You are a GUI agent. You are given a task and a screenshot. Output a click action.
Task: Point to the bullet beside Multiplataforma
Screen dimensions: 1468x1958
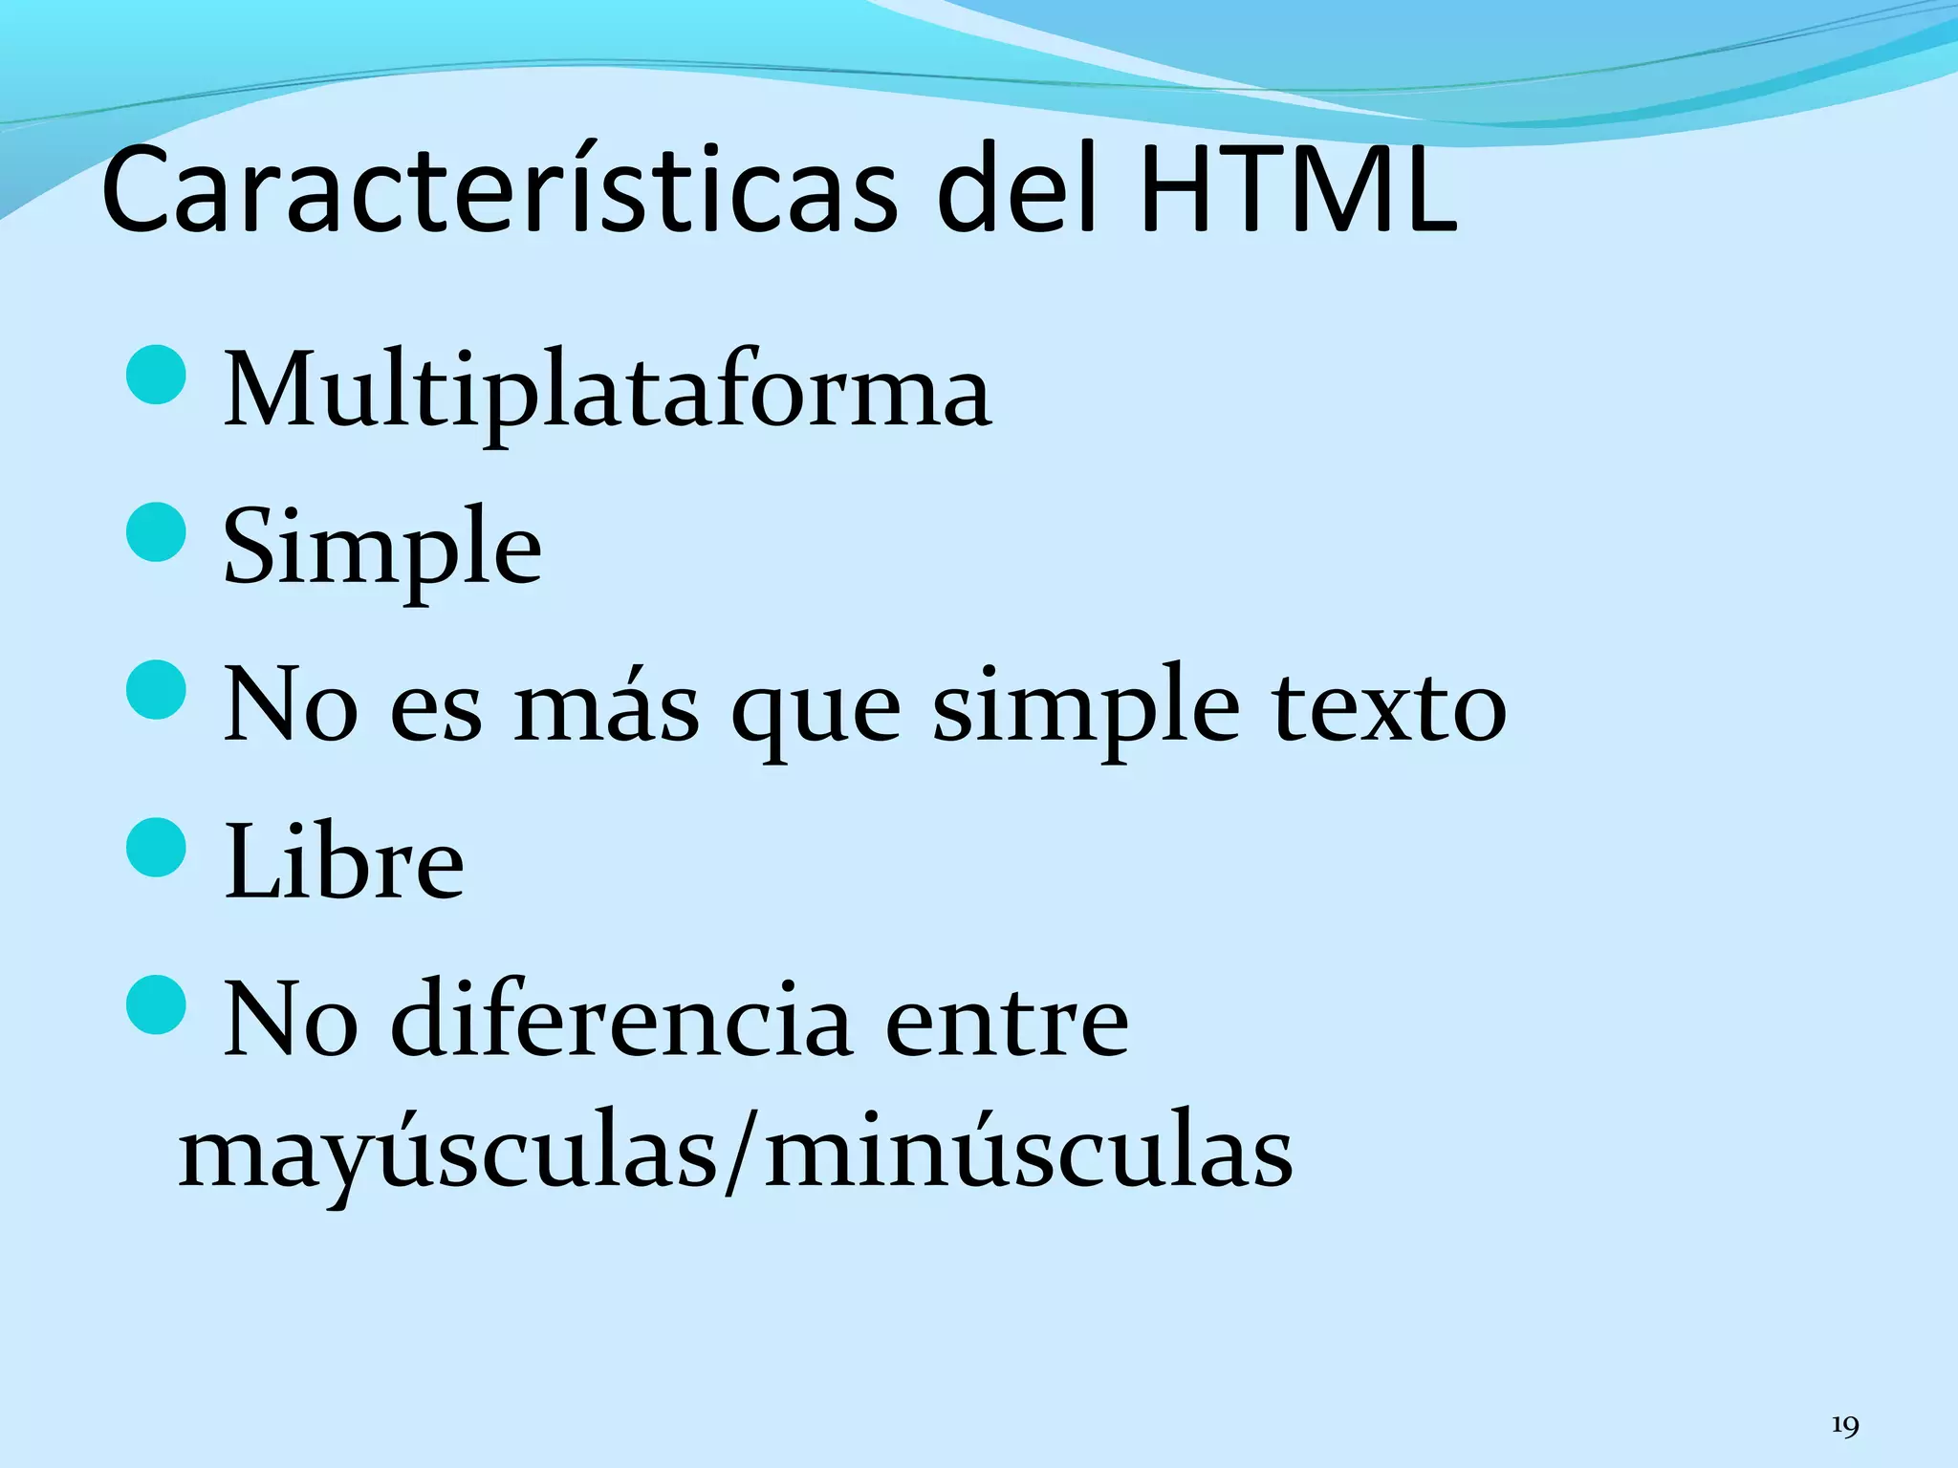point(155,375)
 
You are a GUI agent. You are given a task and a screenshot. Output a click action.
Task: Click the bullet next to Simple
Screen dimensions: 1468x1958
point(155,531)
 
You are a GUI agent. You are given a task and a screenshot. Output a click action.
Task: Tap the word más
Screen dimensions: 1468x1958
point(606,707)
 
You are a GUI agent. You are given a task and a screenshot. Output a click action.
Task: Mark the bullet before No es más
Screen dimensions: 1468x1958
point(155,689)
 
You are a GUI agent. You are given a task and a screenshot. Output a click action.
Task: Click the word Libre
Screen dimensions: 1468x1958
point(344,863)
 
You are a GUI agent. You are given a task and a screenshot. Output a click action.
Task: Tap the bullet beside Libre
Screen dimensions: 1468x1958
point(155,847)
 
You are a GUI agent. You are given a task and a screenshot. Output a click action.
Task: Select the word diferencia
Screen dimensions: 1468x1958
point(621,1021)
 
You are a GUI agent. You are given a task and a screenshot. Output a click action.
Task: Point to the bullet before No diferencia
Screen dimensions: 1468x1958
point(155,1004)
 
